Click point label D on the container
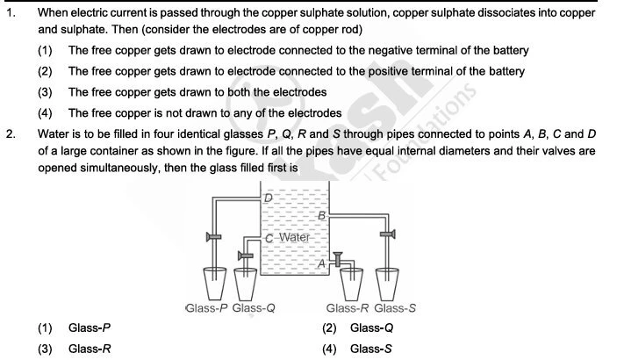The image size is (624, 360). (x=269, y=198)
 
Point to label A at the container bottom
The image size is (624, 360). (x=321, y=263)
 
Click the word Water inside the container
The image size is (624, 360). (x=294, y=238)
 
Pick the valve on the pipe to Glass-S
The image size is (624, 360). (x=385, y=234)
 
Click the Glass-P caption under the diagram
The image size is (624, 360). (x=208, y=308)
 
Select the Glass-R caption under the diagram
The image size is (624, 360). (x=348, y=308)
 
